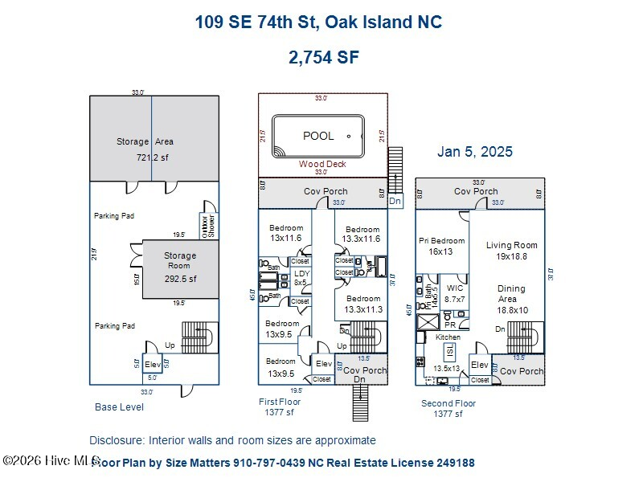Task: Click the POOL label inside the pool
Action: click(x=318, y=136)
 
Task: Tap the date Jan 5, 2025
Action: click(x=474, y=151)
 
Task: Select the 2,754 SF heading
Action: click(x=323, y=57)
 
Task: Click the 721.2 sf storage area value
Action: click(x=152, y=157)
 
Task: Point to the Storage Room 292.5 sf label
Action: click(x=180, y=268)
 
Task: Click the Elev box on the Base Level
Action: click(x=152, y=364)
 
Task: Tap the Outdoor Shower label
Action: click(x=209, y=225)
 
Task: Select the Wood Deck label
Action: click(x=321, y=163)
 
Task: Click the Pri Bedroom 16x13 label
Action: click(x=441, y=246)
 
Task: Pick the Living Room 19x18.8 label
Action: click(x=512, y=251)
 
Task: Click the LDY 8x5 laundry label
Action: click(x=301, y=278)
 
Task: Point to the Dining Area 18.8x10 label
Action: click(x=511, y=299)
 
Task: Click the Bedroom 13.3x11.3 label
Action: click(x=362, y=304)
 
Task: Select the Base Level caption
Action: click(x=119, y=407)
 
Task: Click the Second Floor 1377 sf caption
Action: click(x=448, y=408)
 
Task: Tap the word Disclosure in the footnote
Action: click(x=115, y=440)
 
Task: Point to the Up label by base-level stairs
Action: click(x=170, y=345)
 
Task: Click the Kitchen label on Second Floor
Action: click(x=448, y=337)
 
